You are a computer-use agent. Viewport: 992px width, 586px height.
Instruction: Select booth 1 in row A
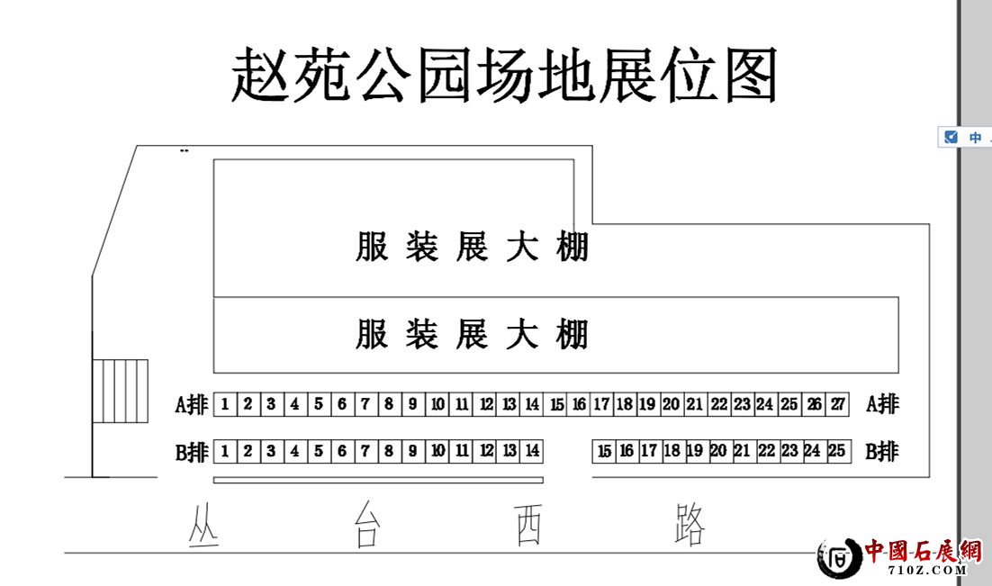point(224,404)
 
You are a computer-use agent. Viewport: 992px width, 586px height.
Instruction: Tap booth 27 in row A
point(837,404)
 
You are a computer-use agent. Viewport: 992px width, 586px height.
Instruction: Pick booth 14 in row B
point(532,450)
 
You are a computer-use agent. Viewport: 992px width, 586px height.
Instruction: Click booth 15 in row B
point(604,451)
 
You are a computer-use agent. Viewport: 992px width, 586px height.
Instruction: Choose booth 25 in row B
point(836,451)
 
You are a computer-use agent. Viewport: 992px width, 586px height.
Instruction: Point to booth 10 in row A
point(437,404)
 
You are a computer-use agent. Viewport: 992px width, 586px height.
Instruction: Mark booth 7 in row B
point(365,450)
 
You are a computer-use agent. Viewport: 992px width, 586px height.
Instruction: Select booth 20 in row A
point(671,404)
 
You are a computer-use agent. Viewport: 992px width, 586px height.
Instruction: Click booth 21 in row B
point(742,451)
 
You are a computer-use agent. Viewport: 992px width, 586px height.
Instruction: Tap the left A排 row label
point(192,405)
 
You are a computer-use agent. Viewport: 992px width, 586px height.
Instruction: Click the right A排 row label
point(882,404)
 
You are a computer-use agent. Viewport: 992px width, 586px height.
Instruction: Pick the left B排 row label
point(192,451)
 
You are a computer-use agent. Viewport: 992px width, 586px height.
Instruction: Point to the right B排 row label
point(882,451)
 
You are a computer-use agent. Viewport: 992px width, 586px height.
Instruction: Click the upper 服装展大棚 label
point(472,247)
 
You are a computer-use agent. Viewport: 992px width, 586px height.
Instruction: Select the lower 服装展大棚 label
point(472,334)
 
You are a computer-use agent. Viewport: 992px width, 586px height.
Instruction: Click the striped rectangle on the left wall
point(121,392)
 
